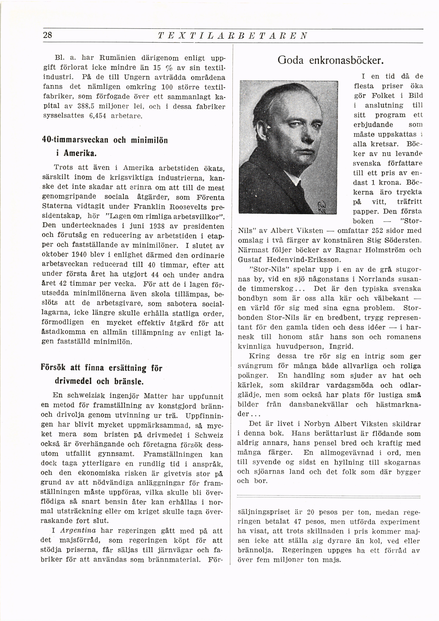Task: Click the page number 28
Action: [48, 35]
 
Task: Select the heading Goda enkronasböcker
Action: [330, 60]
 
